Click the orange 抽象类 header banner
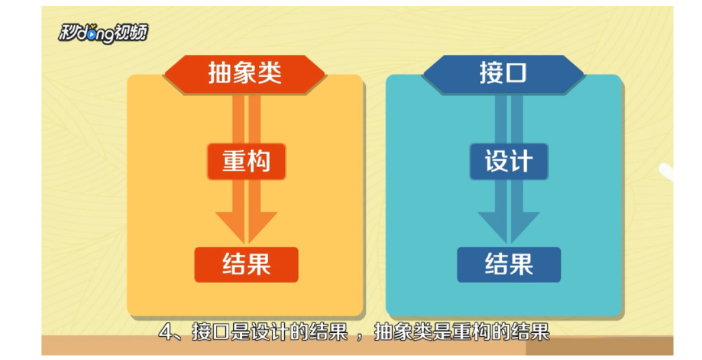click(245, 73)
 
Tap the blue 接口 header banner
click(503, 73)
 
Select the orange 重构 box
click(246, 161)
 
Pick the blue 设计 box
click(508, 161)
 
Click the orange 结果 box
click(246, 264)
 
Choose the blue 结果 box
click(508, 264)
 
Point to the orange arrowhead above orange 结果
click(246, 227)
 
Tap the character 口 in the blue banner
click(516, 73)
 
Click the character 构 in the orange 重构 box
click(258, 161)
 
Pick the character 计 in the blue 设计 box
click(521, 161)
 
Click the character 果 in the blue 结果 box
click(521, 264)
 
